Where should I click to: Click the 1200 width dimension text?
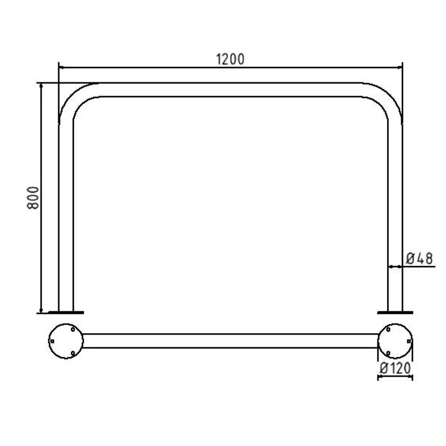tap(230, 59)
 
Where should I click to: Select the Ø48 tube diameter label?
tap(419, 258)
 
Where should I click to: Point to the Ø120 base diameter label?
tap(395, 368)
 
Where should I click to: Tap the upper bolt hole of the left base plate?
tap(73, 329)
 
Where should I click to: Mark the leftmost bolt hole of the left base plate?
tap(52, 341)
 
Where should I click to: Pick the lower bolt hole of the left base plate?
tap(73, 352)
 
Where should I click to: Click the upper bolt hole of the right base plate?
tap(388, 329)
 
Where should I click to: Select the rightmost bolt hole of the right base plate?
tap(408, 341)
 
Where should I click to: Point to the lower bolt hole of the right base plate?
tap(388, 352)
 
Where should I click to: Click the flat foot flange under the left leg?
tap(66, 313)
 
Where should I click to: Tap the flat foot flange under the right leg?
tap(395, 313)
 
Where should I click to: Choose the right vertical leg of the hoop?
tap(395, 208)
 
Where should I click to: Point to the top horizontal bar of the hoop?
tap(230, 90)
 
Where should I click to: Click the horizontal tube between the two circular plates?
tap(230, 341)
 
